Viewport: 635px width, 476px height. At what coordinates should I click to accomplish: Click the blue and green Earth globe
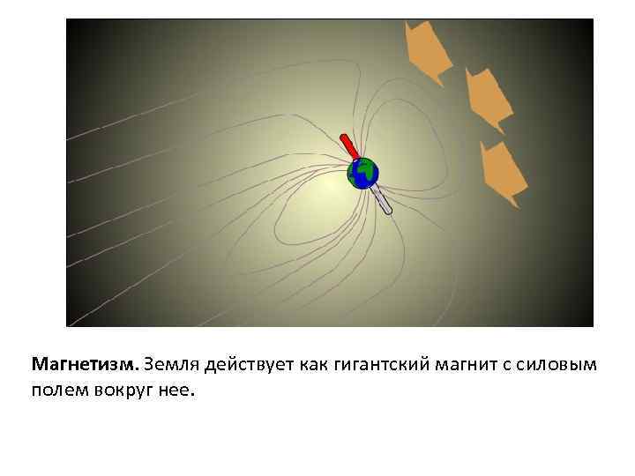[362, 173]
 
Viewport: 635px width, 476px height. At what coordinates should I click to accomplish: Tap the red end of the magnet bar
[347, 145]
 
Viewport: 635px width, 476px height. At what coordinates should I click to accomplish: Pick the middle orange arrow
[487, 98]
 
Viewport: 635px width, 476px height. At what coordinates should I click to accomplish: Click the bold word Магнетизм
[85, 364]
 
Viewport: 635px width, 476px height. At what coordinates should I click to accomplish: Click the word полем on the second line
[56, 390]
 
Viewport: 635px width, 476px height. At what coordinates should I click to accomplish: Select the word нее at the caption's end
[176, 390]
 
